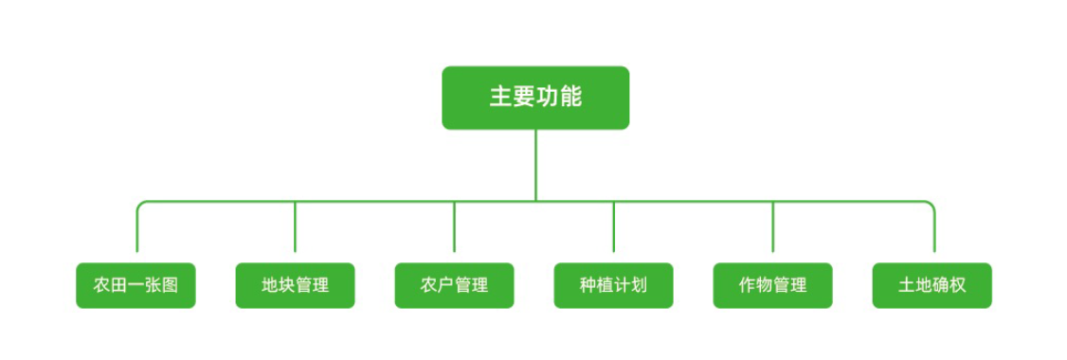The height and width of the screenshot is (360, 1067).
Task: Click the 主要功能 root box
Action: point(535,98)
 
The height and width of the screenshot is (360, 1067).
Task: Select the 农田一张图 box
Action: point(136,285)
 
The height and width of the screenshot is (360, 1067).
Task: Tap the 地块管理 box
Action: point(295,285)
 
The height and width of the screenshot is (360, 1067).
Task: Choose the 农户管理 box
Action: point(454,285)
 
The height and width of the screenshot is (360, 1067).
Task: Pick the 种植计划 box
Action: point(613,285)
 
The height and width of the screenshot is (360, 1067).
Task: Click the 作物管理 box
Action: point(772,285)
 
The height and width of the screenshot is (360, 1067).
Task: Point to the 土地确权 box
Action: point(931,285)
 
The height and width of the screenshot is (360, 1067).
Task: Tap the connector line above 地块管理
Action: point(295,227)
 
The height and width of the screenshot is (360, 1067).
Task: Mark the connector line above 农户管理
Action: point(454,227)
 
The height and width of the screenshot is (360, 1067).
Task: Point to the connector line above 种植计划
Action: point(613,227)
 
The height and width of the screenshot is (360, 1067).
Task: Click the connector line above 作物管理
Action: point(772,227)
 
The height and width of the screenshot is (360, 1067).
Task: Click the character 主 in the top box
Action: point(500,98)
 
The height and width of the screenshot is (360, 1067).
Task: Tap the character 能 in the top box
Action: point(570,98)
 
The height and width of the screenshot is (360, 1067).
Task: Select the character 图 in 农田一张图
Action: point(170,285)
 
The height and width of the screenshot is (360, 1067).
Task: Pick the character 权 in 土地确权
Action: point(957,285)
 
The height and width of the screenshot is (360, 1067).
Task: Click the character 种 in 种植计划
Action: point(588,285)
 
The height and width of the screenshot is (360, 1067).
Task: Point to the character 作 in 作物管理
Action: point(748,285)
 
